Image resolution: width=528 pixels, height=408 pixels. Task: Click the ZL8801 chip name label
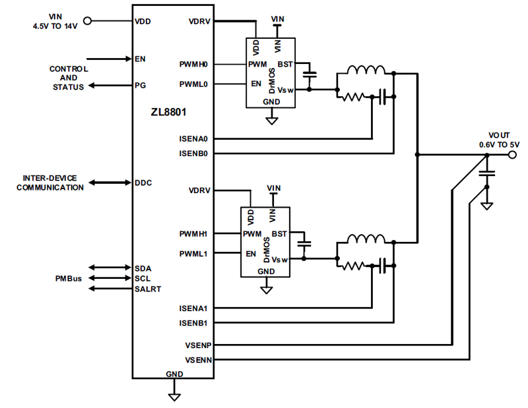[x=168, y=112]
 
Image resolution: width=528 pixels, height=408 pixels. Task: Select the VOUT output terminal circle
[x=511, y=156]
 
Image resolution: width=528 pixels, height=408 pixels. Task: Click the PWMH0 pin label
[x=193, y=65]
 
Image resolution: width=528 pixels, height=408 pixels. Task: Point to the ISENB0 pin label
[x=193, y=154]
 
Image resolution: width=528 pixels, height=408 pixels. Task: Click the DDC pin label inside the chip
[x=143, y=183]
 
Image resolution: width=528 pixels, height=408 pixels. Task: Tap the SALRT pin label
[x=148, y=289]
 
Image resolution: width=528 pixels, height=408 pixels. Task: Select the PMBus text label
[x=68, y=279]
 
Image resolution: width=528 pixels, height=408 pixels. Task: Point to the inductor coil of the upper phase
[x=366, y=71]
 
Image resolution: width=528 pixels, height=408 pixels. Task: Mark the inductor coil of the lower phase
[x=366, y=239]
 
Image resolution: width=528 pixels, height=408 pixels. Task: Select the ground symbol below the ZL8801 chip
[x=174, y=395]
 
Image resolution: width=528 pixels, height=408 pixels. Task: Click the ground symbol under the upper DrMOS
[x=271, y=120]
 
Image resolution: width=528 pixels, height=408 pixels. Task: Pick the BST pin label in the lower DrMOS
[x=280, y=234]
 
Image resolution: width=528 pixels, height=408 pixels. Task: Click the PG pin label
[x=140, y=85]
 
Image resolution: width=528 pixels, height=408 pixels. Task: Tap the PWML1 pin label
[x=193, y=253]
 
